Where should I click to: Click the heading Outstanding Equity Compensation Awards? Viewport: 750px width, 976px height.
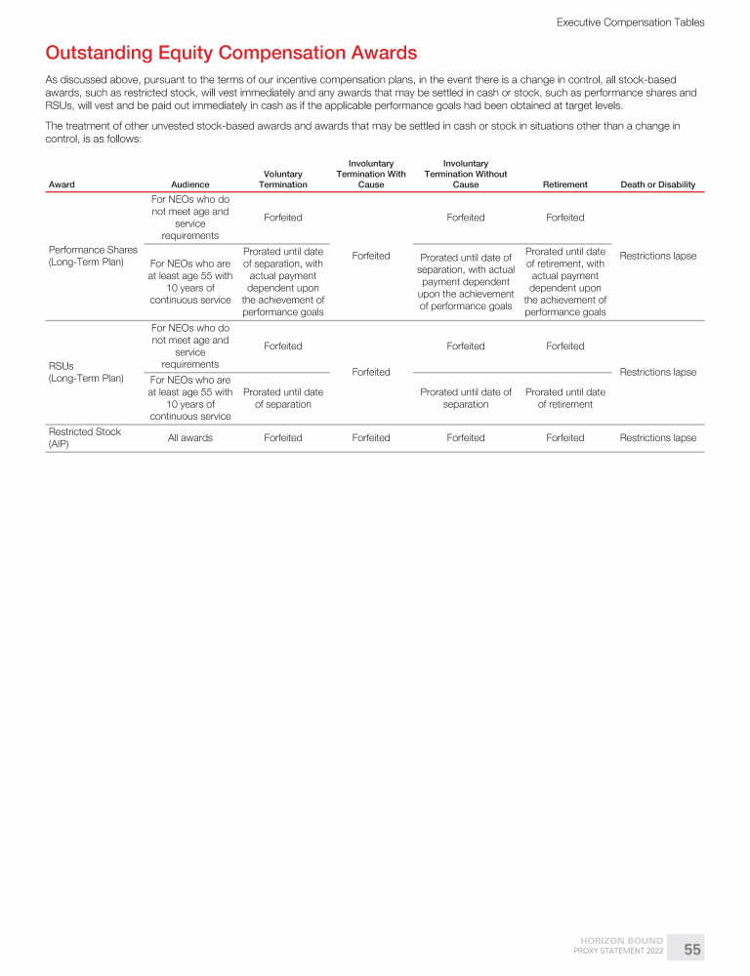[231, 53]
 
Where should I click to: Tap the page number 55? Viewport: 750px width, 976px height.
[691, 949]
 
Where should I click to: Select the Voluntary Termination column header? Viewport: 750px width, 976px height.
[282, 179]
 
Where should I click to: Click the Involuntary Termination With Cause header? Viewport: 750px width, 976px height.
[370, 174]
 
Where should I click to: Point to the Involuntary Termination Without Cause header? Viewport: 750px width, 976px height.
[466, 174]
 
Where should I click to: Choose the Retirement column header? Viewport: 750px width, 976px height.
[564, 184]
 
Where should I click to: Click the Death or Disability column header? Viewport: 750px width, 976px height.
[657, 184]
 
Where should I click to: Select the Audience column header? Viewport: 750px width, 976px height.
[189, 184]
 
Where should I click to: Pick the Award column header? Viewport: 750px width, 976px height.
[61, 184]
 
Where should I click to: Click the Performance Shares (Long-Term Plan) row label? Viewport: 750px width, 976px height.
[93, 256]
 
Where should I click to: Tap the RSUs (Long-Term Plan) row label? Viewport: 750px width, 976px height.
[86, 372]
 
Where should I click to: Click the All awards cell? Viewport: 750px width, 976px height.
[189, 438]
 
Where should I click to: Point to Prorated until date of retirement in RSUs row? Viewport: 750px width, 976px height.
[564, 398]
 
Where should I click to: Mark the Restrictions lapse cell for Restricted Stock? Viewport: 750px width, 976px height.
[657, 438]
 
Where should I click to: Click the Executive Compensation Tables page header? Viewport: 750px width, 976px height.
[630, 21]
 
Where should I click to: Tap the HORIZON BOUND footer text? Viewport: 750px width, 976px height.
[622, 941]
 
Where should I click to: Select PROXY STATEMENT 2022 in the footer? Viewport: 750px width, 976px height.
[618, 952]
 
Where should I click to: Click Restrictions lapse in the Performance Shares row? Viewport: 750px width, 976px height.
[657, 256]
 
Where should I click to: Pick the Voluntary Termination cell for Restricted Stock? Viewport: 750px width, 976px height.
[282, 438]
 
